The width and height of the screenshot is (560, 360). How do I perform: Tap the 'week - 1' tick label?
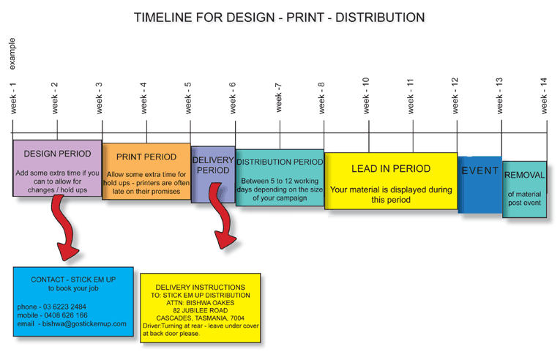(x=13, y=98)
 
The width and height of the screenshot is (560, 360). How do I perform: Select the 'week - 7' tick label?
(x=279, y=97)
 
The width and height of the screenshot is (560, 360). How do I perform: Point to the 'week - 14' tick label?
(x=544, y=96)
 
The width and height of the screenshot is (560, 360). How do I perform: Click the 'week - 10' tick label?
(x=366, y=96)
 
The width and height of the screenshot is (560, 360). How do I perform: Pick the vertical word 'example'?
(x=12, y=54)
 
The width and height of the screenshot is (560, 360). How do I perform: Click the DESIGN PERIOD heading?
(x=58, y=154)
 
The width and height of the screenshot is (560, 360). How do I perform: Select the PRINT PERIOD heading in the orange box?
(x=146, y=157)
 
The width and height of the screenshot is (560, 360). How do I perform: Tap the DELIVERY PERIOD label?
(x=213, y=165)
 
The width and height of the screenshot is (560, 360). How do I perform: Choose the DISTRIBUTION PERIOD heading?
(x=280, y=162)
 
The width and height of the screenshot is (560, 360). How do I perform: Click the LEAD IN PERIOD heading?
(x=391, y=169)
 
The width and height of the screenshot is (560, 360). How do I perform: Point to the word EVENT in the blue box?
(x=479, y=170)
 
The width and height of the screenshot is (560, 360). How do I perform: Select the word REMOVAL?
(x=525, y=176)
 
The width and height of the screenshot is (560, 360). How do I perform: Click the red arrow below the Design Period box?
(x=64, y=228)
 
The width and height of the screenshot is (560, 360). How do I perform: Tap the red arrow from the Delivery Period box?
(x=221, y=214)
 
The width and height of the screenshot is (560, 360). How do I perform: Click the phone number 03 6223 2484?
(x=64, y=307)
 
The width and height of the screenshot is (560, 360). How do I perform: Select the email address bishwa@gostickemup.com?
(x=84, y=324)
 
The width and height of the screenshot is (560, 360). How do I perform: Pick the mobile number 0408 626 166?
(x=66, y=315)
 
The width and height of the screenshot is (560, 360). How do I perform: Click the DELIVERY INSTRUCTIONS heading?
(x=201, y=288)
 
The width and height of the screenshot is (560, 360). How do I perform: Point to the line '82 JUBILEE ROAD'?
(x=201, y=310)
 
